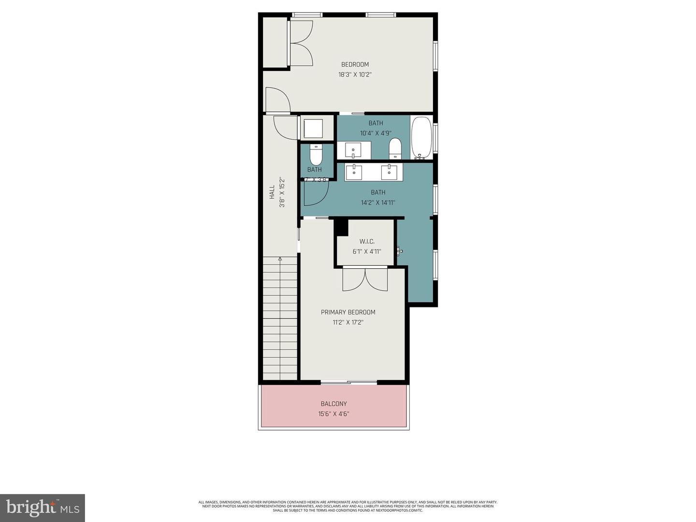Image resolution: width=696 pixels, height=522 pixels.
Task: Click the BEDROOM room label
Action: [x=355, y=64]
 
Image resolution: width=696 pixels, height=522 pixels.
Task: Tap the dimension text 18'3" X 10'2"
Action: [x=355, y=75]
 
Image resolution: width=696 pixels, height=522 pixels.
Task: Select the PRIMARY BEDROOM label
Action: [x=348, y=312]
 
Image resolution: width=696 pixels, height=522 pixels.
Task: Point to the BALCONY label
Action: [x=333, y=404]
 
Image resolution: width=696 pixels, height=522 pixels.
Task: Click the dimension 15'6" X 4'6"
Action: [x=333, y=414]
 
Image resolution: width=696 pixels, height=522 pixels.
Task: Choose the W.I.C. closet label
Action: [x=367, y=241]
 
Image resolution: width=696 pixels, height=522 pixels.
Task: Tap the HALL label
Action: [x=272, y=192]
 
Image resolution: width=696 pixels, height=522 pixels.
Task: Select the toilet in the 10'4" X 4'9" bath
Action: [x=395, y=148]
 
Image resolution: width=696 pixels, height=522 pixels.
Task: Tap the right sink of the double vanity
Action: [x=389, y=171]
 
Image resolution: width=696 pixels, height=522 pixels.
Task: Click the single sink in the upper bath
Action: [x=353, y=150]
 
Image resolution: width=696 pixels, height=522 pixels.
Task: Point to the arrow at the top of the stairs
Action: [x=280, y=260]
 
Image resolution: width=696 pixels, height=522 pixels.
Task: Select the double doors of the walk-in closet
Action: [x=365, y=280]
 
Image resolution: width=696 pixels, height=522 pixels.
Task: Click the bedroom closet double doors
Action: [x=301, y=43]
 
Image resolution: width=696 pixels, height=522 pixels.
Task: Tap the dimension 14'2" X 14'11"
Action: [x=378, y=203]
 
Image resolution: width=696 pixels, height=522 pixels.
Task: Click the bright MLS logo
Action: [x=43, y=507]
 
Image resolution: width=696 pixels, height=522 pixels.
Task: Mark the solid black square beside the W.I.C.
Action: [x=341, y=227]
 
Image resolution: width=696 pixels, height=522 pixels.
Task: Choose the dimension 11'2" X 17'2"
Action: [x=348, y=322]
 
